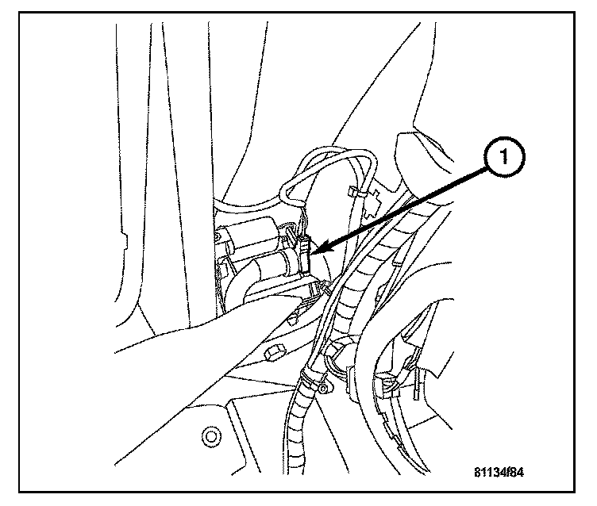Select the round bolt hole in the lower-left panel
(210, 435)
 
